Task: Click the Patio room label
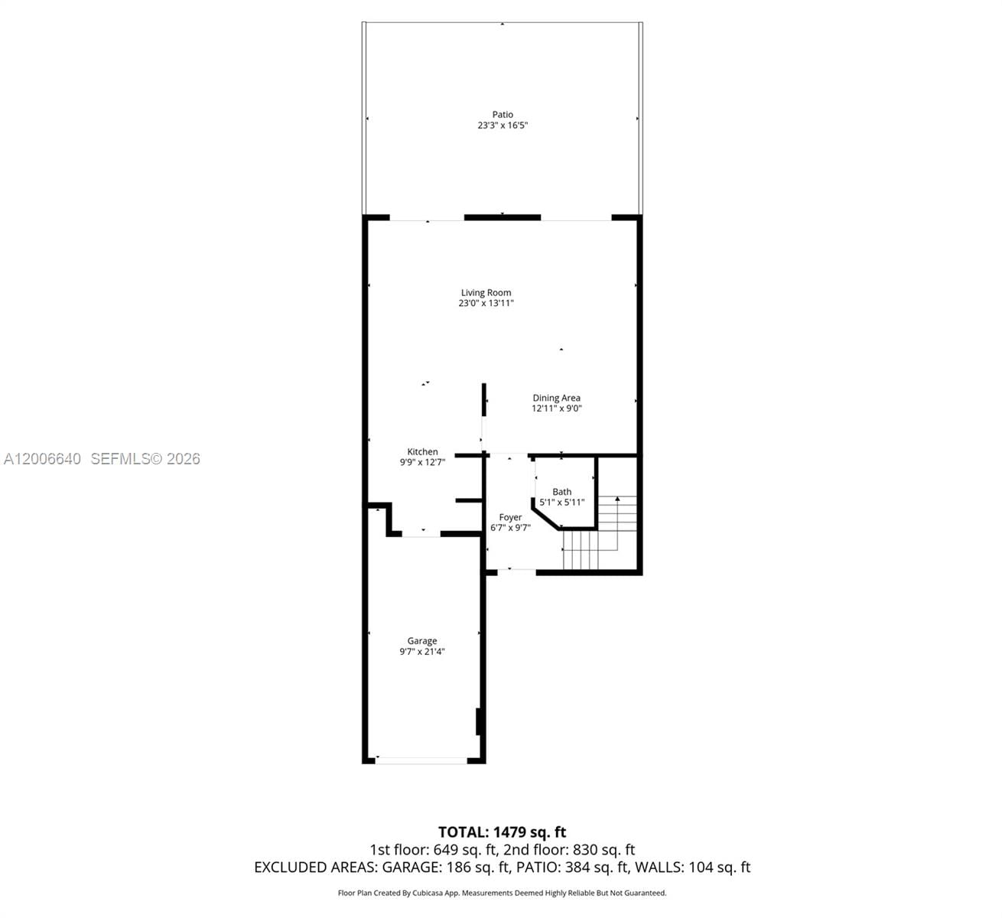pos(503,115)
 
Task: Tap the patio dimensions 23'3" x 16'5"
pos(503,125)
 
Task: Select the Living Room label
pos(486,292)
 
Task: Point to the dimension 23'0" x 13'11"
pos(486,303)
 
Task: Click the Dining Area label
pos(556,398)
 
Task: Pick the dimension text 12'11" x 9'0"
pos(557,409)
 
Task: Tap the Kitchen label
pos(422,452)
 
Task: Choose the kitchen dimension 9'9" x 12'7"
pos(422,462)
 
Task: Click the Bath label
pos(561,492)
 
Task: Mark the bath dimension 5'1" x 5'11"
pos(561,503)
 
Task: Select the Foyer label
pos(510,517)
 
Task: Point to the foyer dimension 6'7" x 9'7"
pos(510,527)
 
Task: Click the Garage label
pos(422,641)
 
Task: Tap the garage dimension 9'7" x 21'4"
pos(422,652)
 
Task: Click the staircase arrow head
pos(617,499)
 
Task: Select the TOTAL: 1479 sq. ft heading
pos(502,832)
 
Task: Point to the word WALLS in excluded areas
pos(661,868)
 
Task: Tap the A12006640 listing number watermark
pos(43,459)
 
